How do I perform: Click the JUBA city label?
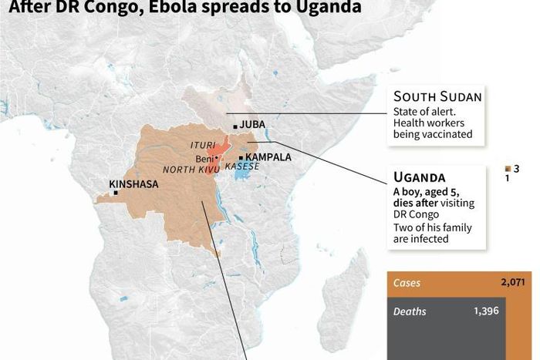coord(253,124)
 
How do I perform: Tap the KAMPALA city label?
coord(268,156)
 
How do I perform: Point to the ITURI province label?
coord(202,145)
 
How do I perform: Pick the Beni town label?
coord(204,157)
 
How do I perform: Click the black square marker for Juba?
coord(235,125)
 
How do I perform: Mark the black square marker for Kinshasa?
coord(116,193)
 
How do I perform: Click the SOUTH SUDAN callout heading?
coord(437,96)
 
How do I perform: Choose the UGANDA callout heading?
coord(419,177)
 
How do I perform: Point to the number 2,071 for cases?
coord(511,283)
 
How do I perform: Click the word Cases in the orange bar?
coord(407,283)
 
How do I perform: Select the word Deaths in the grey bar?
coord(410,311)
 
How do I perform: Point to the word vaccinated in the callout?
coord(444,134)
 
